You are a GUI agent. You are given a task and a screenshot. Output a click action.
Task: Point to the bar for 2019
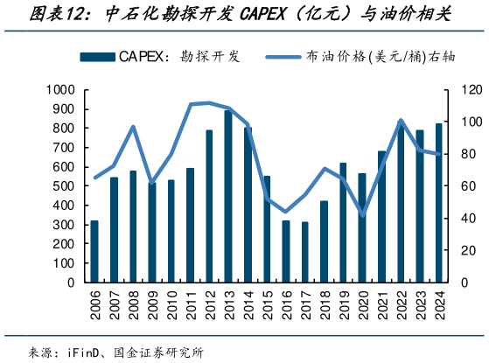343,223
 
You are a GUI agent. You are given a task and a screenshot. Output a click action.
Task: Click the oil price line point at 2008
133,127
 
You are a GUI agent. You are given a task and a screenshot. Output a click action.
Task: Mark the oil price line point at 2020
362,215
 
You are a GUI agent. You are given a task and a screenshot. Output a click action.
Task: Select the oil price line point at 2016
285,212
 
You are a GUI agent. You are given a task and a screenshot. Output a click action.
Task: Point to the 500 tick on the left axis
66,186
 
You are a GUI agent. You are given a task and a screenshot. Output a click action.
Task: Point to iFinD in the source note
86,353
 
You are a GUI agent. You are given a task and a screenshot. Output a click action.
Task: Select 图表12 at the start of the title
35,15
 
